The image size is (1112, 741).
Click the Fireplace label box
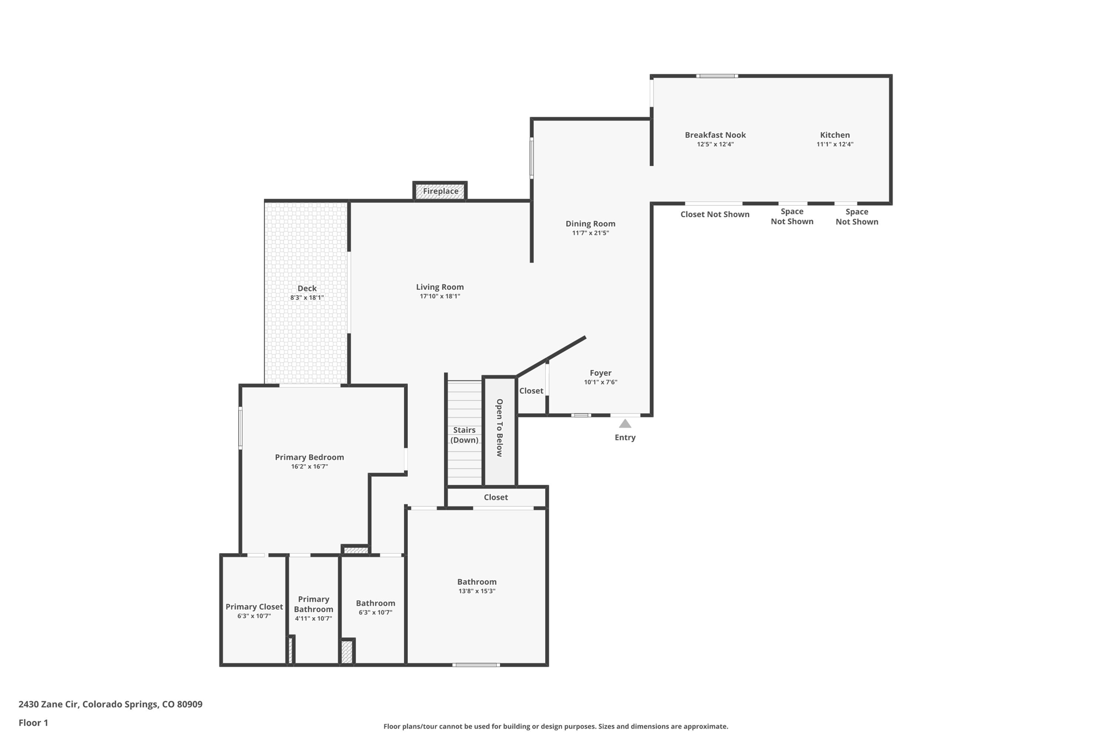(440, 191)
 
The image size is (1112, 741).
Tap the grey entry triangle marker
(625, 423)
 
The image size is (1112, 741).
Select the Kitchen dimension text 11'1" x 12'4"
(835, 144)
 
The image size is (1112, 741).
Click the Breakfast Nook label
(715, 135)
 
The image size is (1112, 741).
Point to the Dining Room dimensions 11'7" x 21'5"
(590, 233)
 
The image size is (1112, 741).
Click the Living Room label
(440, 287)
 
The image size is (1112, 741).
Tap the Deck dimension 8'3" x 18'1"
(307, 297)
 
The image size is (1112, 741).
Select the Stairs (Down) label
(464, 435)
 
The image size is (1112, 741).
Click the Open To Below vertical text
(500, 428)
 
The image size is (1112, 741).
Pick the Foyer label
(601, 372)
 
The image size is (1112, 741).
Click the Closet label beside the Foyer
(531, 390)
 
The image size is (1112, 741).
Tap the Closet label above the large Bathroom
(496, 497)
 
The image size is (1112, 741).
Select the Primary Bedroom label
(309, 457)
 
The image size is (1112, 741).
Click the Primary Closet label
(254, 606)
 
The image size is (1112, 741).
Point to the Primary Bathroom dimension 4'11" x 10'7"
(313, 618)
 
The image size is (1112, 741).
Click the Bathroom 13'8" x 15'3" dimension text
(477, 591)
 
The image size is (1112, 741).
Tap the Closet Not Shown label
(715, 214)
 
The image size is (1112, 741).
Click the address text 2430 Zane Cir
(49, 704)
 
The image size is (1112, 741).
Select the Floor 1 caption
(33, 723)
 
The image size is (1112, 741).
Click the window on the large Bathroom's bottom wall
(476, 664)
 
